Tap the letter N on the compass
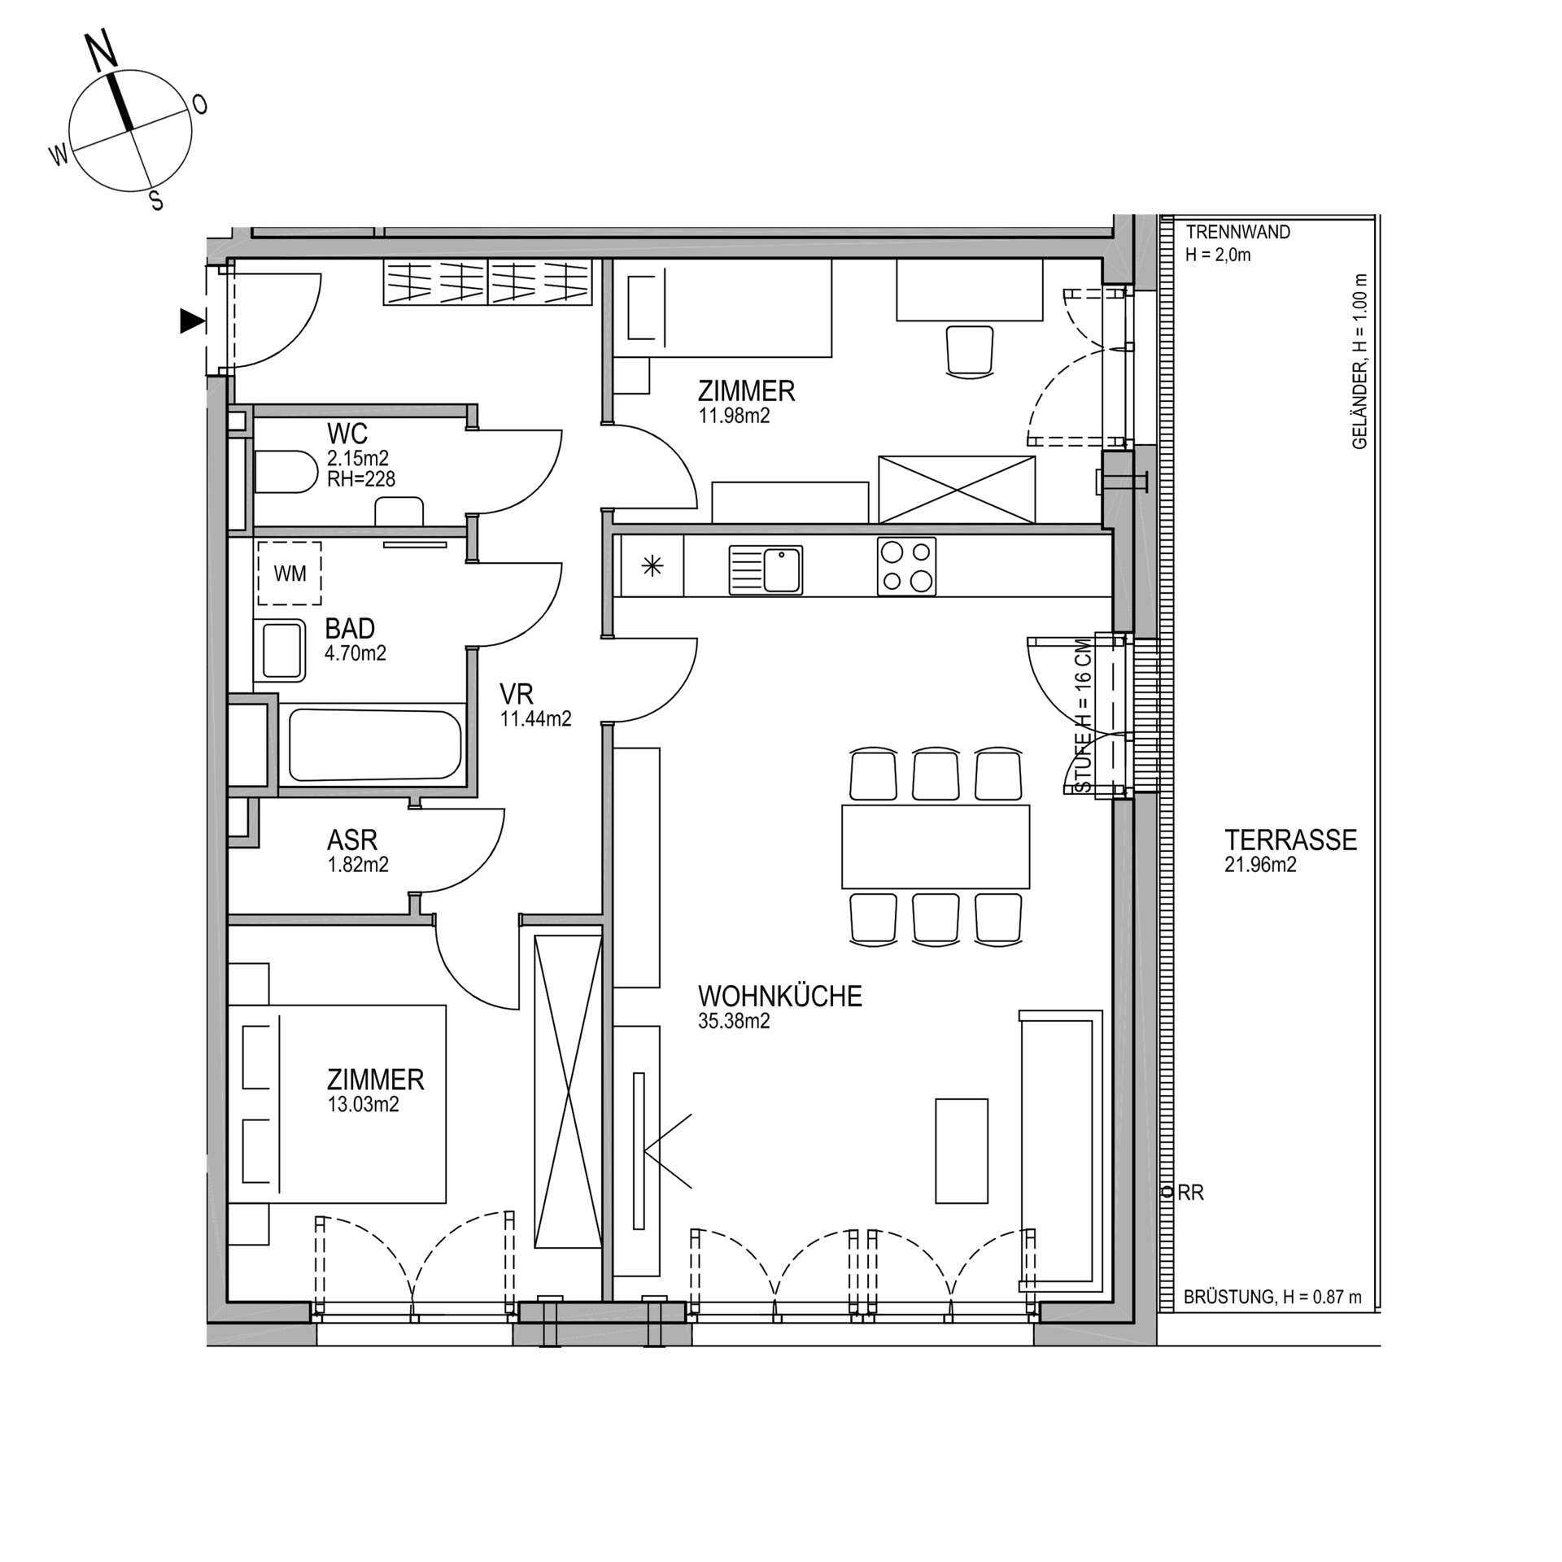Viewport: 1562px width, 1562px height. point(103,51)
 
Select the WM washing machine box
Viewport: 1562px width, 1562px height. point(290,574)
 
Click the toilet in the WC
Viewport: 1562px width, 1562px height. point(286,472)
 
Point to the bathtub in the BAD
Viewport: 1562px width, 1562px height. point(375,744)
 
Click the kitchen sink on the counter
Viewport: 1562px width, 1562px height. point(766,569)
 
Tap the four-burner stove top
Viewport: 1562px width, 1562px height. point(906,566)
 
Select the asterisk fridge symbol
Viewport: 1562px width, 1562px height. point(652,566)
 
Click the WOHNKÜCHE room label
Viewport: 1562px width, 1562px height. point(779,997)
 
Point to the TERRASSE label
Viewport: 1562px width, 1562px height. point(1290,840)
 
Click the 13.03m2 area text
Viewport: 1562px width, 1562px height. point(363,1105)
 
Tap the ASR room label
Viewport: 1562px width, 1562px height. point(352,840)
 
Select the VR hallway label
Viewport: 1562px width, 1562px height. point(517,694)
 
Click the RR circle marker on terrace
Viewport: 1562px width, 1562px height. point(1167,1193)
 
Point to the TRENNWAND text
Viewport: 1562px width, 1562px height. point(1237,233)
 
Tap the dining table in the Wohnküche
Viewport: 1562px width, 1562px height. point(936,847)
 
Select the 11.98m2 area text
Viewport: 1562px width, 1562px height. point(734,417)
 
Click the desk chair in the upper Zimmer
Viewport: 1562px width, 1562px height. point(970,351)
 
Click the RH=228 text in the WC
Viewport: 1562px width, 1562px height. point(361,479)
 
